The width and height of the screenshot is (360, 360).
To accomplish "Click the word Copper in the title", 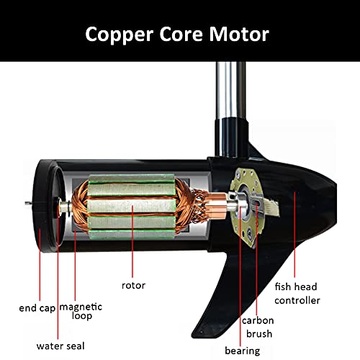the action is click(120, 35).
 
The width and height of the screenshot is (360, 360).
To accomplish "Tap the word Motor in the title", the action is click(239, 34).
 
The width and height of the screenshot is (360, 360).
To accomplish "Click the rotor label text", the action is click(133, 286).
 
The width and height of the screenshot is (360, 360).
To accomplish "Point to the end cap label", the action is click(37, 308).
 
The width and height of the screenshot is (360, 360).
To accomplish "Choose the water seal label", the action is click(60, 346).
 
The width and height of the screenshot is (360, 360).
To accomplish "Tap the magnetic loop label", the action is click(81, 311).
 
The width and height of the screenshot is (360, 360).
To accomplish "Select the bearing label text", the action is click(243, 351).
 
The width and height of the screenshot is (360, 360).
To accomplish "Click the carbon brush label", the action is click(258, 327).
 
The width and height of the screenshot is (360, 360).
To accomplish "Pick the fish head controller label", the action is click(297, 294).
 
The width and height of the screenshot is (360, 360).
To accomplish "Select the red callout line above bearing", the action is click(240, 276).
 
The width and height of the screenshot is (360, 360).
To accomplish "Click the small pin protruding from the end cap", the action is click(29, 204).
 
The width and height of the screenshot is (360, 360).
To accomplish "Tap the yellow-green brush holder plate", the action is click(245, 208).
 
